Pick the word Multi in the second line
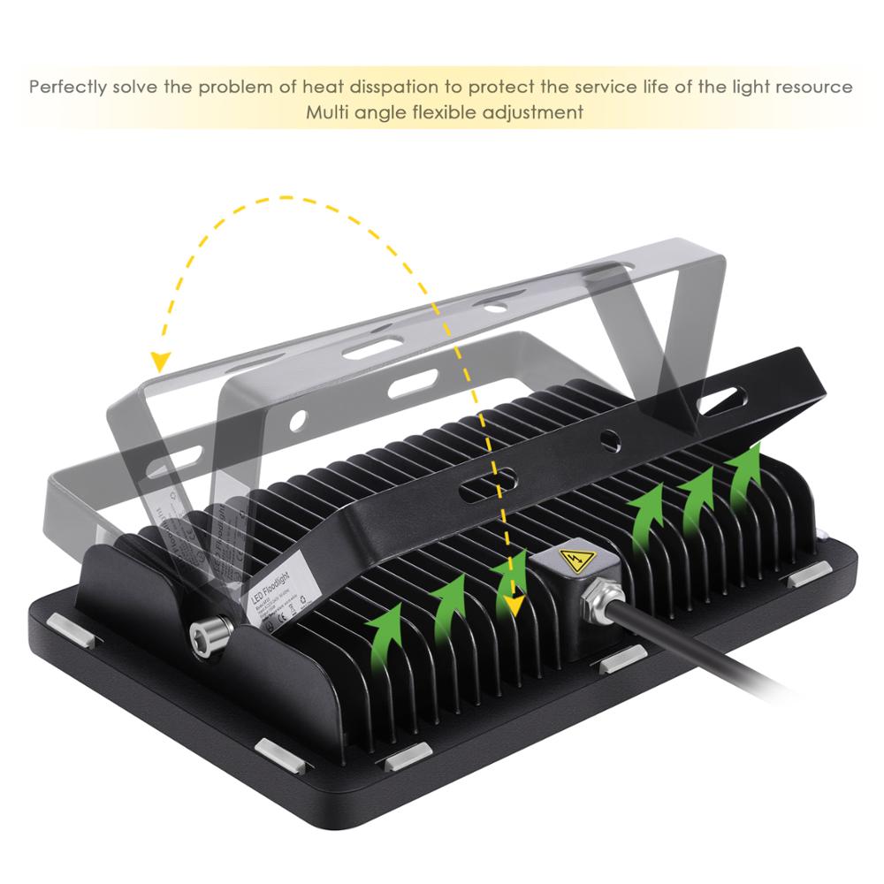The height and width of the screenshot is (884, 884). tap(326, 113)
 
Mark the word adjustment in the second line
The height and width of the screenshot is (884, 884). tap(538, 113)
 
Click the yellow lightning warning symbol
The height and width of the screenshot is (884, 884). tap(574, 560)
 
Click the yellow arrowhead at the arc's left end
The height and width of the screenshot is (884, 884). tap(160, 361)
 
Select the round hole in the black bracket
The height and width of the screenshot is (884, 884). tap(611, 438)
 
